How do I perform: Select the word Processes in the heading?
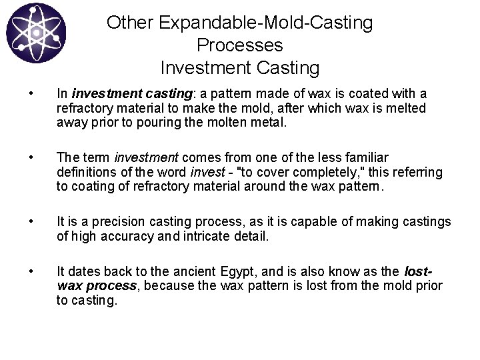click(240, 45)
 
